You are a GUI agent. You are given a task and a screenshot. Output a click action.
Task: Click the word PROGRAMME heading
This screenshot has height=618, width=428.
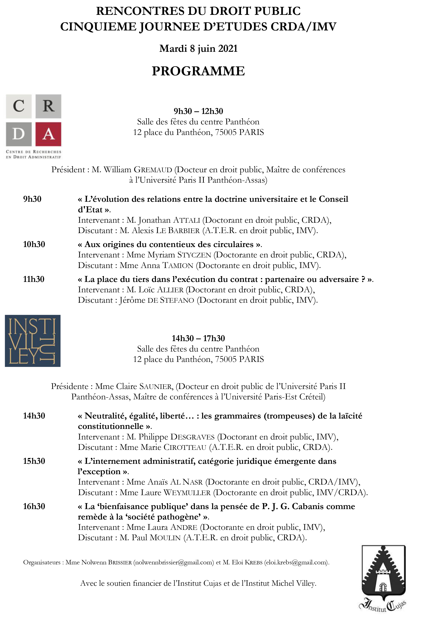pos(198,71)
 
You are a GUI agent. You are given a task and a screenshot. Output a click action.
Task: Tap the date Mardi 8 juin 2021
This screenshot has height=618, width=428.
pos(198,49)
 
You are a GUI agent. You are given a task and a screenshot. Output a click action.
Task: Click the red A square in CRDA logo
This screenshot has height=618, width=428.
pos(48,134)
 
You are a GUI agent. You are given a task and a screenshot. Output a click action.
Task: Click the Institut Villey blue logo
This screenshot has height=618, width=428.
pos(33,341)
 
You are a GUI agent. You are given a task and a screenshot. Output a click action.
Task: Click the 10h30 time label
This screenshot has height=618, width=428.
pos(34,244)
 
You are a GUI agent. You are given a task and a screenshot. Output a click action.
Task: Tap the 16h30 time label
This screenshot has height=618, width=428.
pos(34,506)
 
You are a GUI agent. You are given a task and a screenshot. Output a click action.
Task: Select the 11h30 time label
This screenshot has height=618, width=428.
pos(34,279)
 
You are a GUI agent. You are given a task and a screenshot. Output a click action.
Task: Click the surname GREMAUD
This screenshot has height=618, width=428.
pos(153,170)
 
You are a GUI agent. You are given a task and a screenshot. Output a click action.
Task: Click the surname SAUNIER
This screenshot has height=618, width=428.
pos(155,386)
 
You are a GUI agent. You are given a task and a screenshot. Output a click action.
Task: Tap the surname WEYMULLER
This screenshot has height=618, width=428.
pos(187,493)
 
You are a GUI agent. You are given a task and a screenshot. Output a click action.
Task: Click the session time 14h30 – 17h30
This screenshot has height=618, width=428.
pos(198,338)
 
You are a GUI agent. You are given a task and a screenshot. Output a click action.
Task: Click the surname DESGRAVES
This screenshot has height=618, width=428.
pos(192,437)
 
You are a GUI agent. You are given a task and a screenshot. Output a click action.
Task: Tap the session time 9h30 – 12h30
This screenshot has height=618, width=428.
pos(198,111)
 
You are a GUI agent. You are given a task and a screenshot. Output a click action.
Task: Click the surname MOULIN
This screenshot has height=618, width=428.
pos(165,538)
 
